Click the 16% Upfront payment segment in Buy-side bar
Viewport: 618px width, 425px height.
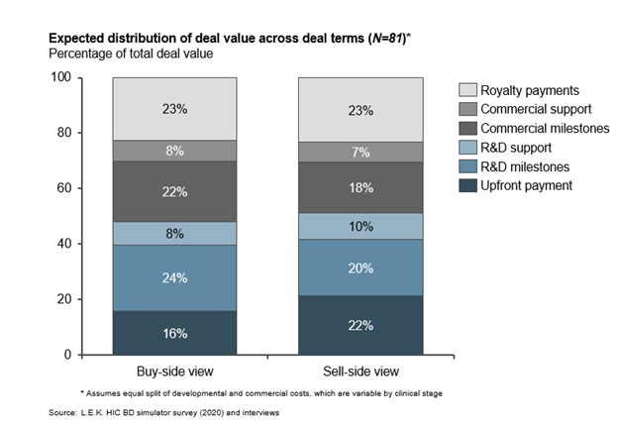point(174,333)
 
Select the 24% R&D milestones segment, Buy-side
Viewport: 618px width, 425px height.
point(174,277)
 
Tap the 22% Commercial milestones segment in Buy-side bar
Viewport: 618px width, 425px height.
point(174,191)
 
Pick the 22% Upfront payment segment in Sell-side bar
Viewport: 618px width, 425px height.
point(360,325)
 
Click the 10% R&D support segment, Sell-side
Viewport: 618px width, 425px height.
point(360,226)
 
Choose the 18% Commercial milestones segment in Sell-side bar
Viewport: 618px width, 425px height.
point(360,187)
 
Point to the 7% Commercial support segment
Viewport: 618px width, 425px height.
point(360,152)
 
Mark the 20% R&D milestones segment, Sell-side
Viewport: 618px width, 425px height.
point(360,267)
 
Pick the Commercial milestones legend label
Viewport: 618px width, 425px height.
point(543,127)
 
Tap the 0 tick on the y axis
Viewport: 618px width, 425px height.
point(95,355)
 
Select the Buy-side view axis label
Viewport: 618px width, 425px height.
point(174,372)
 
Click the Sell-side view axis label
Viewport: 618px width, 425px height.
point(360,372)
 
